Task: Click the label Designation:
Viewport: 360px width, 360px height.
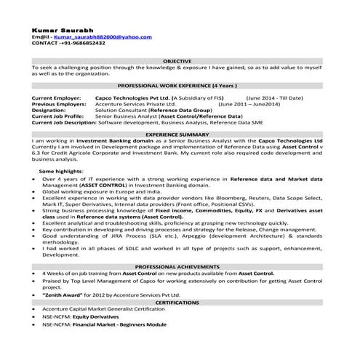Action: coord(52,109)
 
